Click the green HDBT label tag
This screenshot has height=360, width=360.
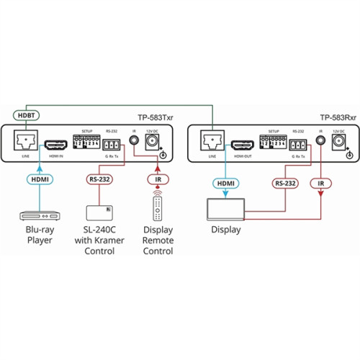(x=24, y=115)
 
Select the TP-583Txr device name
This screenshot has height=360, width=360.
(x=156, y=117)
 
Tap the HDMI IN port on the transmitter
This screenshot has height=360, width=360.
(x=56, y=144)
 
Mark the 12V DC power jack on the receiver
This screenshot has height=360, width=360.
(x=339, y=141)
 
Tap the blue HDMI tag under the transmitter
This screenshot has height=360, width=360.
(x=39, y=179)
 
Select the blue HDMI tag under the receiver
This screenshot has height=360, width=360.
(x=224, y=184)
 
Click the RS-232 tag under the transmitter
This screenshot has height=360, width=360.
(x=99, y=179)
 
